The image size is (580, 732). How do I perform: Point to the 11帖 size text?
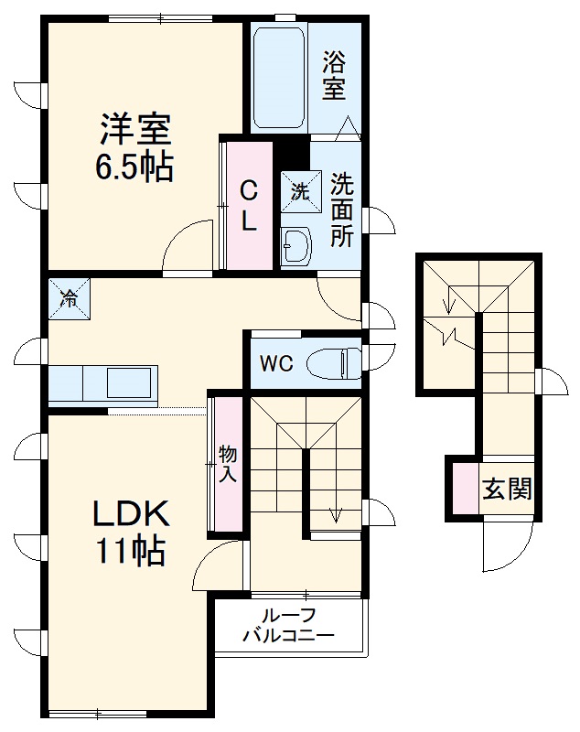coord(130,551)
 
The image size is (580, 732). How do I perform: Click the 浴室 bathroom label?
coord(334,76)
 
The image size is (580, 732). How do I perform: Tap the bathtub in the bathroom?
coord(280,77)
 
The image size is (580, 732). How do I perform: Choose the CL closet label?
coord(248,205)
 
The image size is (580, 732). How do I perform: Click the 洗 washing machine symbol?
coord(300,191)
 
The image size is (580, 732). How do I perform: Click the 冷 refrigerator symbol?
coord(70,298)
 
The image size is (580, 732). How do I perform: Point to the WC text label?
coord(275,363)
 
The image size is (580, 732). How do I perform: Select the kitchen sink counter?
coord(102,382)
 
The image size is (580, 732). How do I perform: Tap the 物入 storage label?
coord(228,463)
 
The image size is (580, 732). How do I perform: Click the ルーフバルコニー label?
coord(288,625)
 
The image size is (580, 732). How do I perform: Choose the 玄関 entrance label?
coord(508,489)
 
